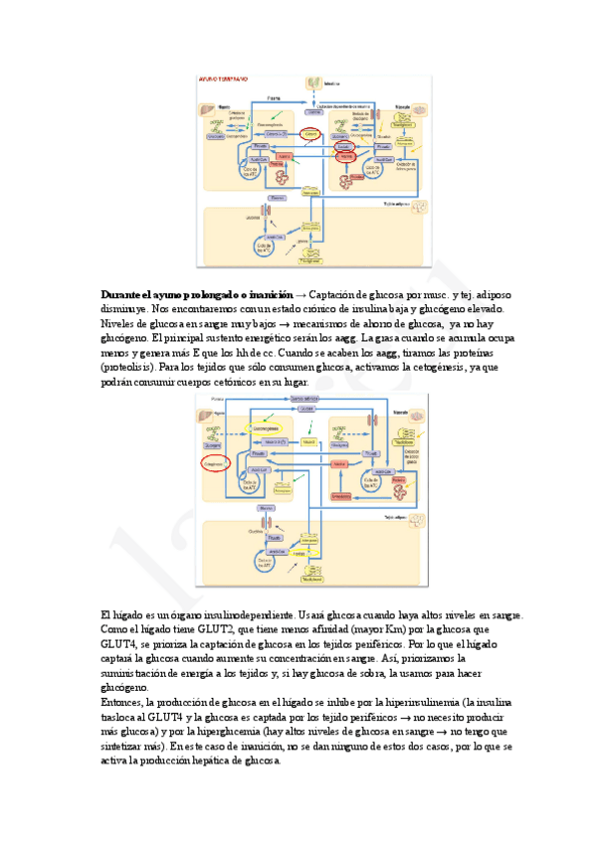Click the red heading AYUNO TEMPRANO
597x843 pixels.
[224, 80]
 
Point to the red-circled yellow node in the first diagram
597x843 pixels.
[311, 132]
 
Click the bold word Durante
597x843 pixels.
[122, 296]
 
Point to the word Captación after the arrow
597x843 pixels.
[335, 296]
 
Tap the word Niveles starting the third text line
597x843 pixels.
[121, 324]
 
